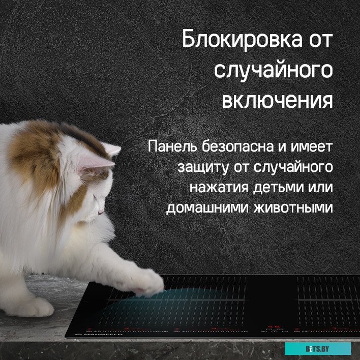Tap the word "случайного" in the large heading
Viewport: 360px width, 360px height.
pyautogui.click(x=274, y=71)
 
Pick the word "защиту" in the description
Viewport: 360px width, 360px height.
pyautogui.click(x=200, y=167)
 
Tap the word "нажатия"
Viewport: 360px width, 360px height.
pyautogui.click(x=214, y=187)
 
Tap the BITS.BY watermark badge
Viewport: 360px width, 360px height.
pyautogui.click(x=317, y=349)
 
